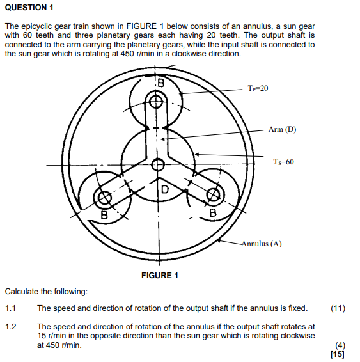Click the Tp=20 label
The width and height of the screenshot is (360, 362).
click(x=257, y=88)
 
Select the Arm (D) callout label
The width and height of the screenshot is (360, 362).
click(x=282, y=129)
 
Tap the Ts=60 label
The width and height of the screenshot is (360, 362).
click(x=281, y=162)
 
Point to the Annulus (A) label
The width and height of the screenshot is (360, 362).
click(x=262, y=244)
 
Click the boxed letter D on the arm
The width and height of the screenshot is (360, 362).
click(x=164, y=189)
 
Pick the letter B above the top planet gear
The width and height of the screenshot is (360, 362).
click(x=160, y=83)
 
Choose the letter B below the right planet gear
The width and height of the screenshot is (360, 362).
click(x=213, y=211)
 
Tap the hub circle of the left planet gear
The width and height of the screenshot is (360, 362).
click(x=106, y=199)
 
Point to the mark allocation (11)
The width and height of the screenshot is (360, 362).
click(x=338, y=308)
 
